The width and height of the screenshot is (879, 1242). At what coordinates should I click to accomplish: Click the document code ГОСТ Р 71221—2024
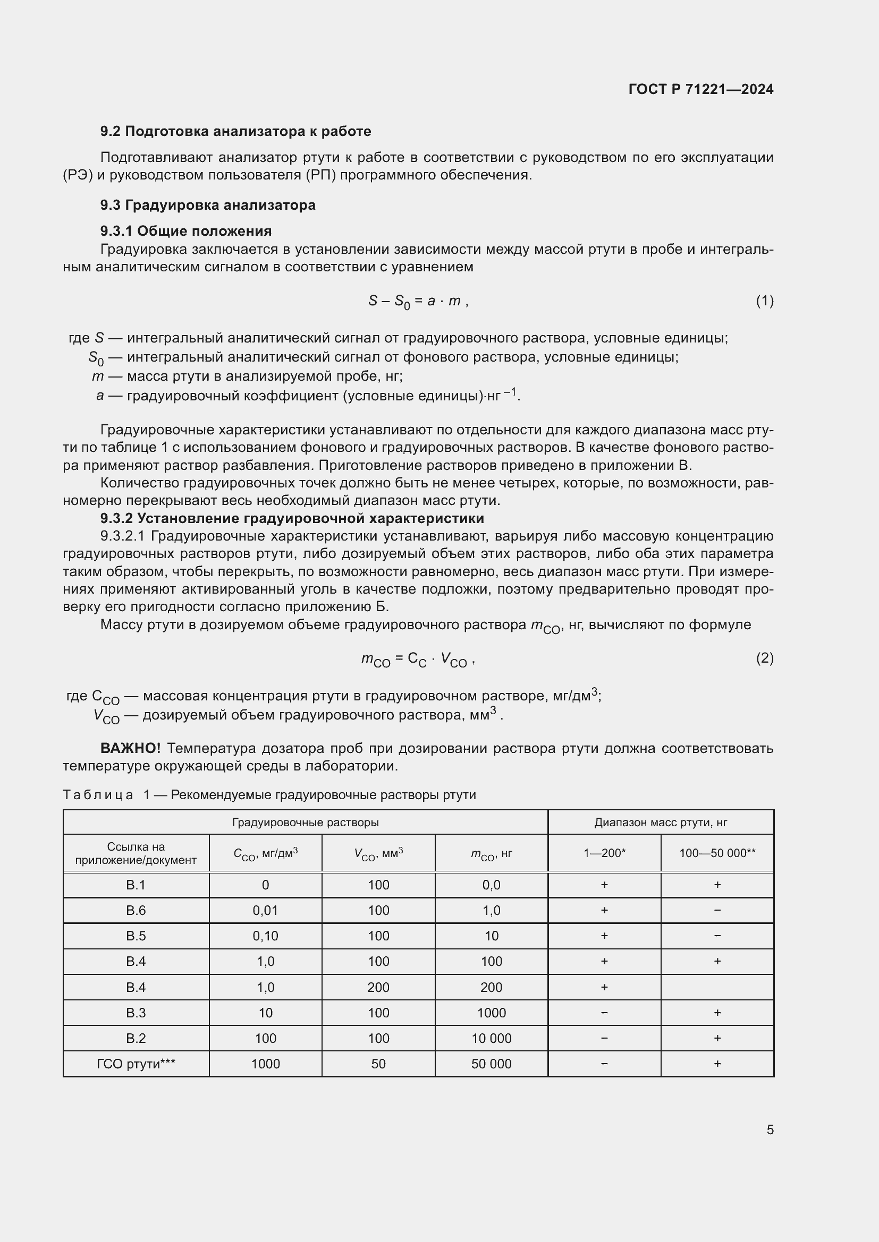coord(700,89)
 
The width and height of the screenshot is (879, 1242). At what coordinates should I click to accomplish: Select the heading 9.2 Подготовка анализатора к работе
coord(235,132)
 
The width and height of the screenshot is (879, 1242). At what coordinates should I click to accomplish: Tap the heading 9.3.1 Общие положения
coord(185,231)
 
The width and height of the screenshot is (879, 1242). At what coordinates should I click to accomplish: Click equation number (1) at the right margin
coord(764,301)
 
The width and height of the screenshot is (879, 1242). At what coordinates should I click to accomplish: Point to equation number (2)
coord(764,658)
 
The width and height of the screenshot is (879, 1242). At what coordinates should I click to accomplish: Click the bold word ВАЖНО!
coord(130,749)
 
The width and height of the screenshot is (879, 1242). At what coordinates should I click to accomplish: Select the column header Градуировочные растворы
coord(305,822)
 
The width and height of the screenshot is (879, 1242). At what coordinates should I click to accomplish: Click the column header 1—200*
coord(604,853)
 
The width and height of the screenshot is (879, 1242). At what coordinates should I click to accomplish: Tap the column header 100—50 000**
coord(717,853)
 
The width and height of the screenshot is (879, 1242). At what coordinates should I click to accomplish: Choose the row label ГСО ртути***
coord(136,1064)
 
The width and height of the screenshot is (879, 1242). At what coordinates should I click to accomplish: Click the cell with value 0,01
coord(265,911)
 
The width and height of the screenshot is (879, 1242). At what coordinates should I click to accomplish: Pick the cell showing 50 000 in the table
coord(491,1064)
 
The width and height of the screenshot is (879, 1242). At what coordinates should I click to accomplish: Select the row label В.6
coord(136,911)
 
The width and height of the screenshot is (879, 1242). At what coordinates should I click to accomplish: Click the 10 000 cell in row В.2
coord(491,1038)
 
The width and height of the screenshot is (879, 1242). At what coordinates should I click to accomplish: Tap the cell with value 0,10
coord(265,936)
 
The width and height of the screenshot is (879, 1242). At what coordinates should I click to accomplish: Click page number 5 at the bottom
coord(770,1130)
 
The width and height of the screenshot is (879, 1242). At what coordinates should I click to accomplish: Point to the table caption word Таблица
coord(98,795)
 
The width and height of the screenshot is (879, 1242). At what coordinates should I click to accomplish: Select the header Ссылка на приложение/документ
coord(136,853)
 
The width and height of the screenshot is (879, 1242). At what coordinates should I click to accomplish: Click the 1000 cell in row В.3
coord(491,1013)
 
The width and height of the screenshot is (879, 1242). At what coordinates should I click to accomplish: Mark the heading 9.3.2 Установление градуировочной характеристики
coord(292,518)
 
